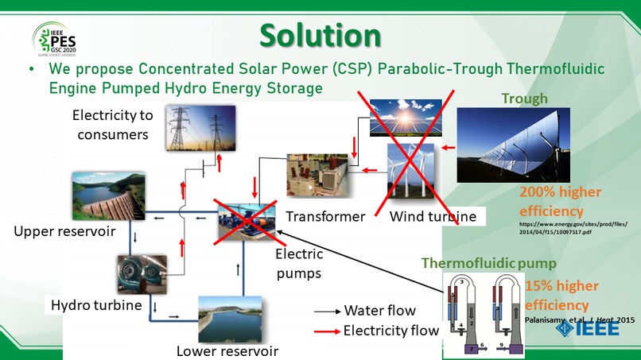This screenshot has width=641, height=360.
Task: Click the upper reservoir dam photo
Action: point(107,194)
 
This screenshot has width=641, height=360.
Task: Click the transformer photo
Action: point(317,176)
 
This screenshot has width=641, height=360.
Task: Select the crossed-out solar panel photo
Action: point(407,119)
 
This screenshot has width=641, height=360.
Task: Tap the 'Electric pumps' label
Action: point(298,264)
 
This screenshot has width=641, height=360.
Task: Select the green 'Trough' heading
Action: point(524,99)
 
